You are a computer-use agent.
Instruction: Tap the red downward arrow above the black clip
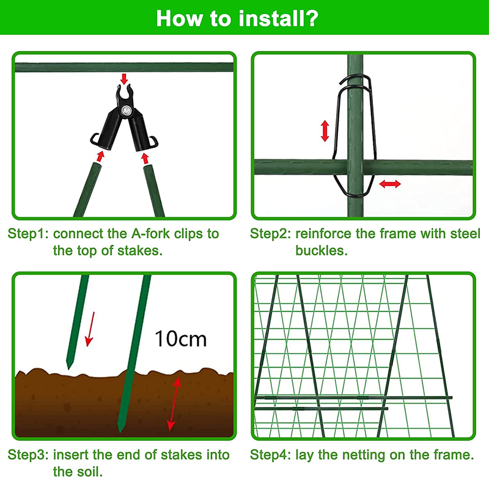point(124,79)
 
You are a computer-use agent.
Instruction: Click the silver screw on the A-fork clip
point(127,110)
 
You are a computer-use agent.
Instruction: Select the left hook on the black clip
point(95,139)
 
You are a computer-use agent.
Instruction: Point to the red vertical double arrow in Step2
point(325,131)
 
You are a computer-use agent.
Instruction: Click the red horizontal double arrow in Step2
point(390,184)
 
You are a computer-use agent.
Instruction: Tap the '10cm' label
point(180,338)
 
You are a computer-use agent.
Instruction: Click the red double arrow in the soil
point(174,404)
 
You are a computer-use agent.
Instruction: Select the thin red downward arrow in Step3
point(90,329)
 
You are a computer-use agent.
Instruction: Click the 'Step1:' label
point(28,234)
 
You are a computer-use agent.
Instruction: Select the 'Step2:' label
point(271,234)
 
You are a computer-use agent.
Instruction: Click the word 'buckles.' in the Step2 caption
point(322,250)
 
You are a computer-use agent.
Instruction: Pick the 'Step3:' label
point(28,455)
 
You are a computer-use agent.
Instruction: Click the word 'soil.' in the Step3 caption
point(89,472)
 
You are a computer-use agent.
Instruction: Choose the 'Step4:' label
point(271,455)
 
